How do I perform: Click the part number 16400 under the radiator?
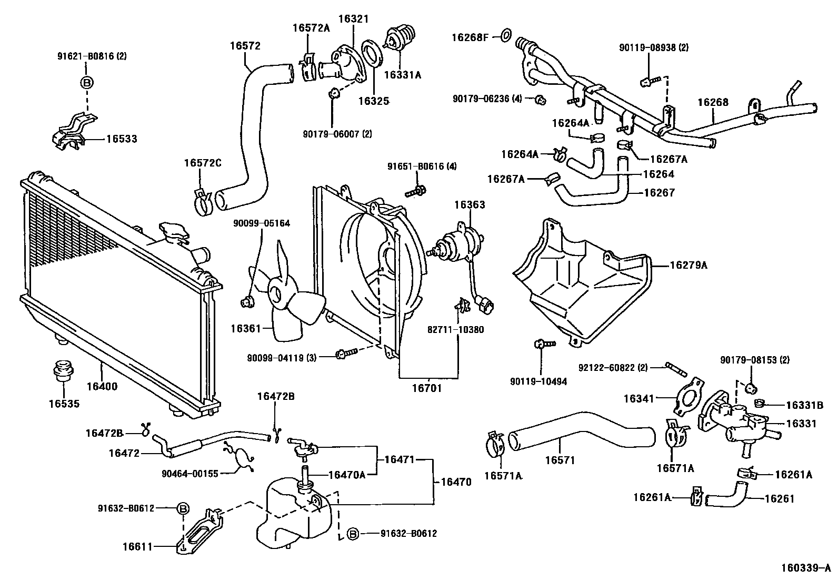102,386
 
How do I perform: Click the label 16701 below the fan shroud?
427,389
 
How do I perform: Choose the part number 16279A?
689,266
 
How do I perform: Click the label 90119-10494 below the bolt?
538,381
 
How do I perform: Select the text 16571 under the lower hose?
560,460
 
